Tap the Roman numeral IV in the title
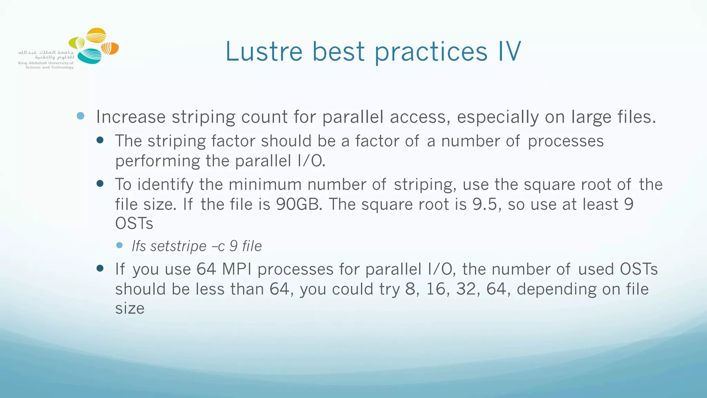click(x=509, y=51)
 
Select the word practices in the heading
click(x=431, y=52)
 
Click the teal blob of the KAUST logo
click(x=90, y=56)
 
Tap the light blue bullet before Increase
click(x=80, y=116)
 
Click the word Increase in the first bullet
click(x=131, y=117)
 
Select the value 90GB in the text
click(x=299, y=204)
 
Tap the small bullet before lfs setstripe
click(x=119, y=245)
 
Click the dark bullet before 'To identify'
click(x=100, y=183)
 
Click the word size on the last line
click(x=129, y=309)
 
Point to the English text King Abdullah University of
click(x=46, y=63)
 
